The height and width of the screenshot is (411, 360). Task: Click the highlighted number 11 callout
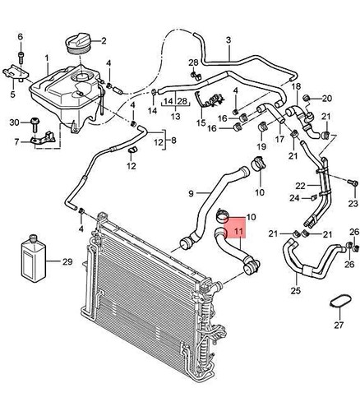point(238,231)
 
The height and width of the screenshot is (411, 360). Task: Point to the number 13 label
point(174,117)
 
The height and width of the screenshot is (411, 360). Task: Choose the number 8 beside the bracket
point(173,141)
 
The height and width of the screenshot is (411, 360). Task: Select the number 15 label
point(201,123)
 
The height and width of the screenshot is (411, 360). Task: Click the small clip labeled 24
point(314,197)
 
